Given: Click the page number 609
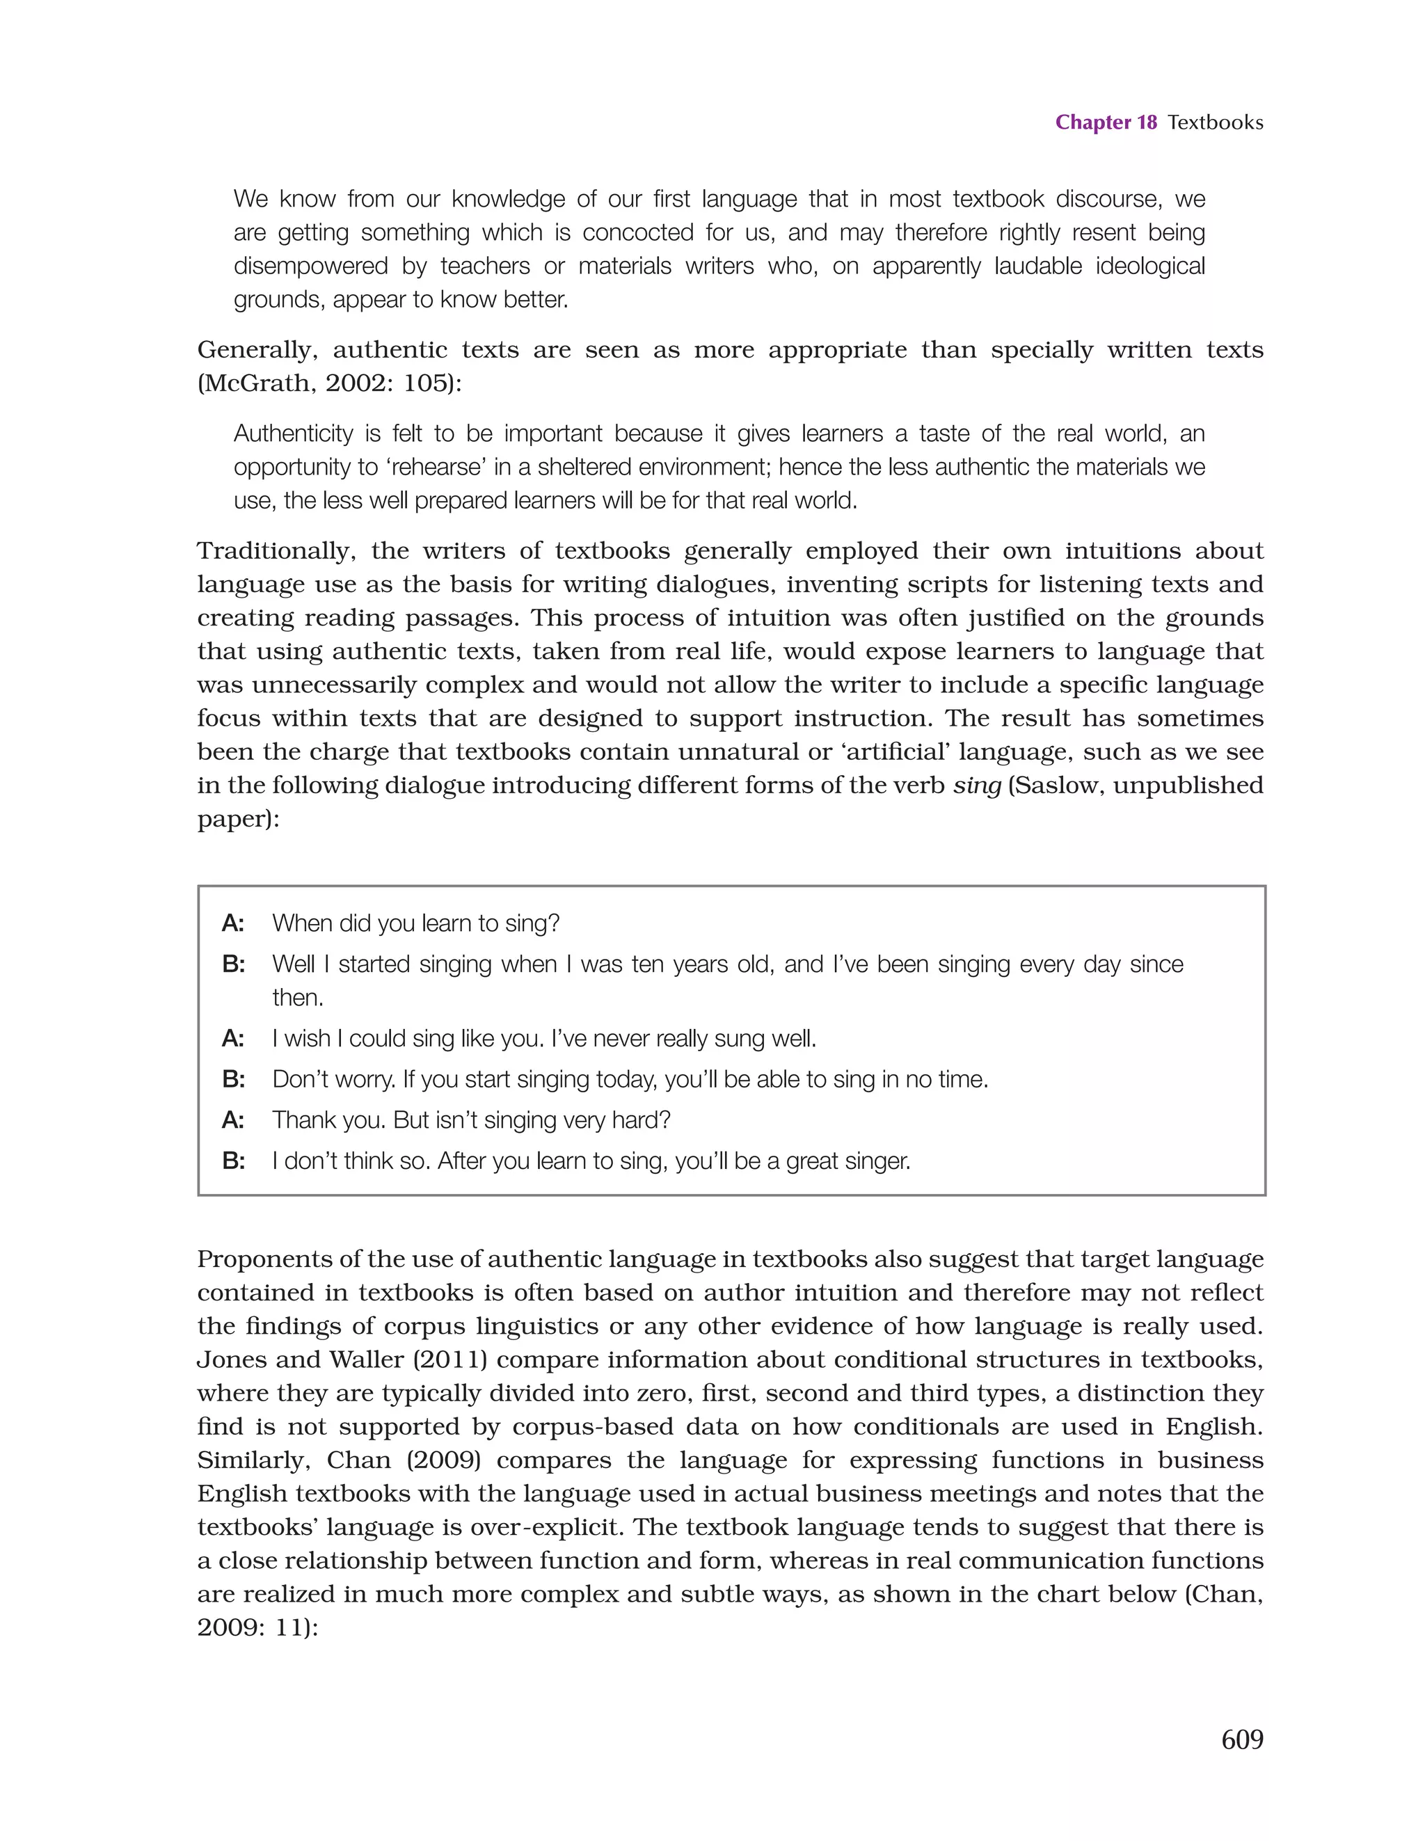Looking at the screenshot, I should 1241,1740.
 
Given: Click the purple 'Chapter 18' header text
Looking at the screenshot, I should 1106,123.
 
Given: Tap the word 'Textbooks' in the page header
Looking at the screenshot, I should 1215,123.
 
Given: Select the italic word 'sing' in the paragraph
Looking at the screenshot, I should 976,786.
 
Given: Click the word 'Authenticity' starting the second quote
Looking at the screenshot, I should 293,434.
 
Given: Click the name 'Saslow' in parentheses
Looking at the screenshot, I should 1058,786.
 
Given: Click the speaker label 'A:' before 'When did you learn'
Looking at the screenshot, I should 232,924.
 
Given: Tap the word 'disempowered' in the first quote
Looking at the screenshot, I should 310,266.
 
